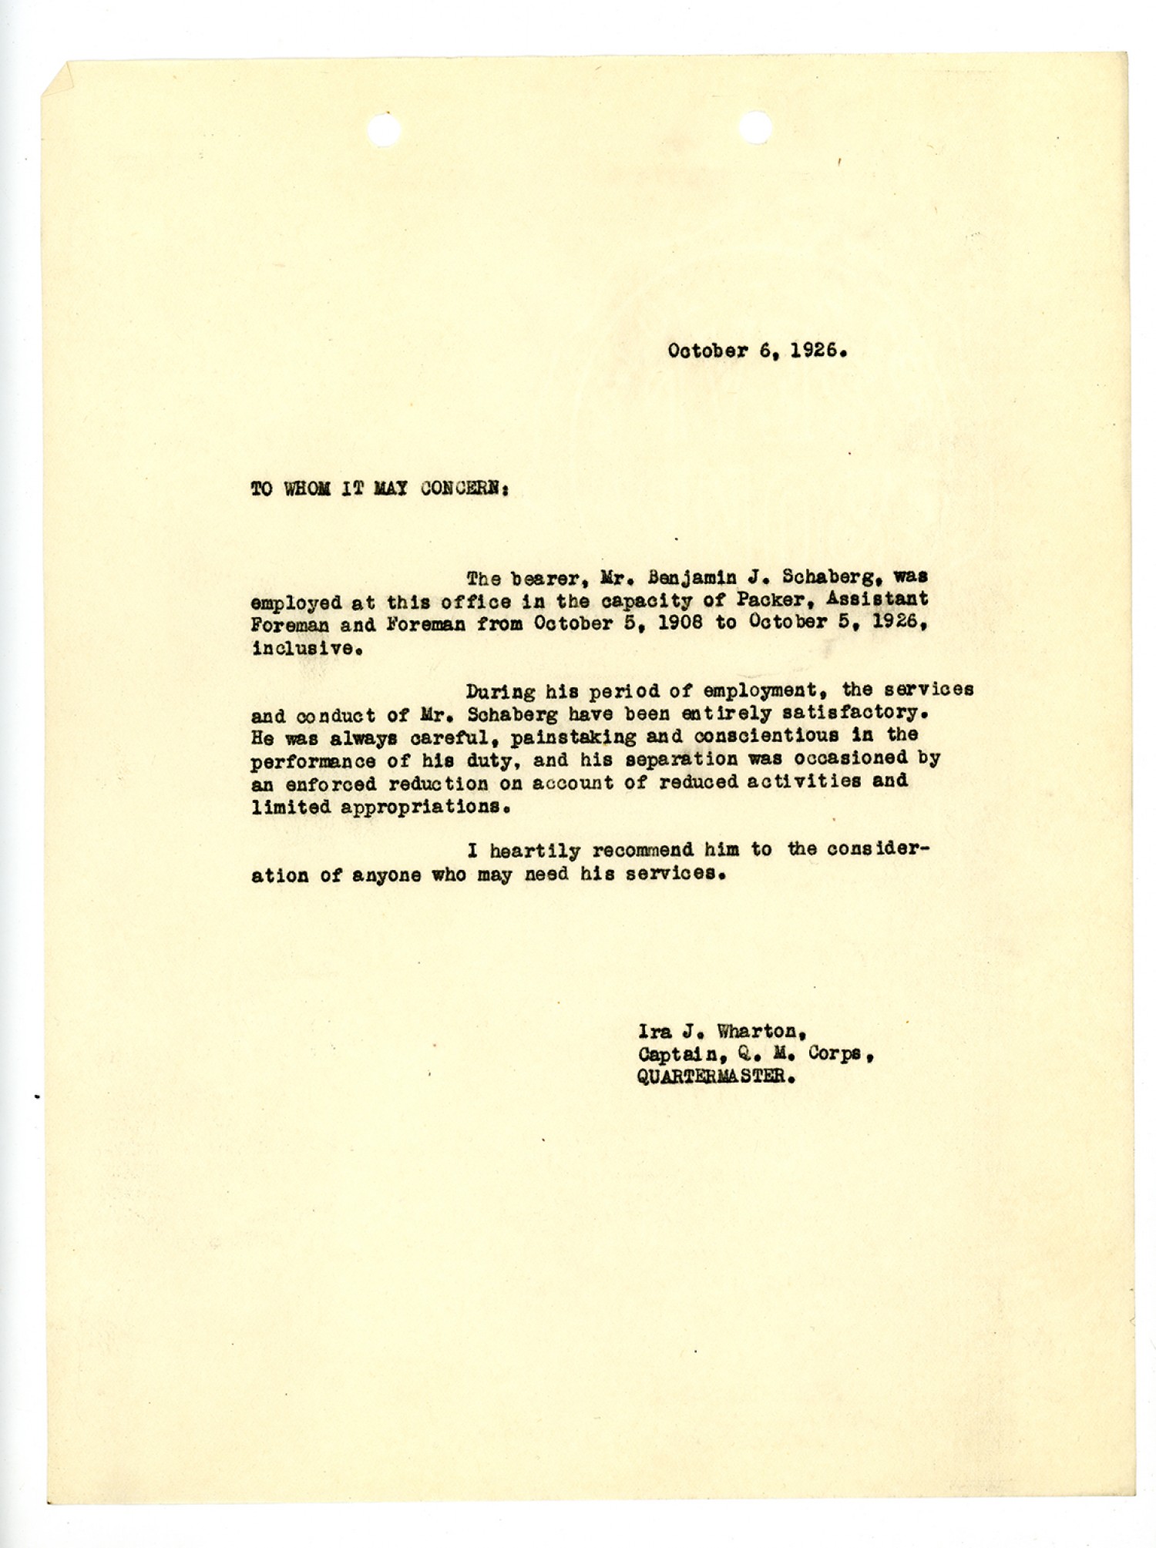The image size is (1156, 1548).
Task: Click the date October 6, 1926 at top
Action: pyautogui.click(x=758, y=351)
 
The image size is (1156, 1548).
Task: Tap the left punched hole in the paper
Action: pyautogui.click(x=385, y=129)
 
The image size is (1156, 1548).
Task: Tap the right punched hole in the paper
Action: pyautogui.click(x=754, y=128)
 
